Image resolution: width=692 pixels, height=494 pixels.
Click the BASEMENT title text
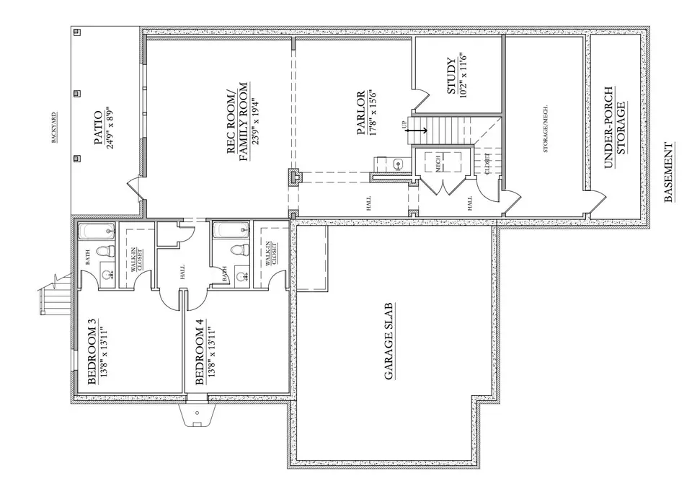pos(668,173)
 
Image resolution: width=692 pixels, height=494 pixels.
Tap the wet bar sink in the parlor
pos(399,164)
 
